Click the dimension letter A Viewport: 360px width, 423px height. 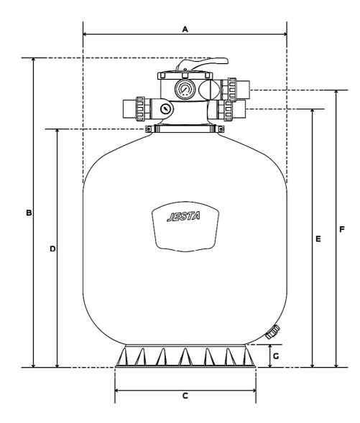185,29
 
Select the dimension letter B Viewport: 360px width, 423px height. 29,213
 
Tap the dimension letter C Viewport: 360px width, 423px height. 185,396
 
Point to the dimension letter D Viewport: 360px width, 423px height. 52,248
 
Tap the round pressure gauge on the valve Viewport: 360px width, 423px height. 185,90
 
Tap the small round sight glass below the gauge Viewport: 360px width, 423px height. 166,110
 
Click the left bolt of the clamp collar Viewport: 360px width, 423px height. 149,129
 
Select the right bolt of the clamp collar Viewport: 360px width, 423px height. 220,129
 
